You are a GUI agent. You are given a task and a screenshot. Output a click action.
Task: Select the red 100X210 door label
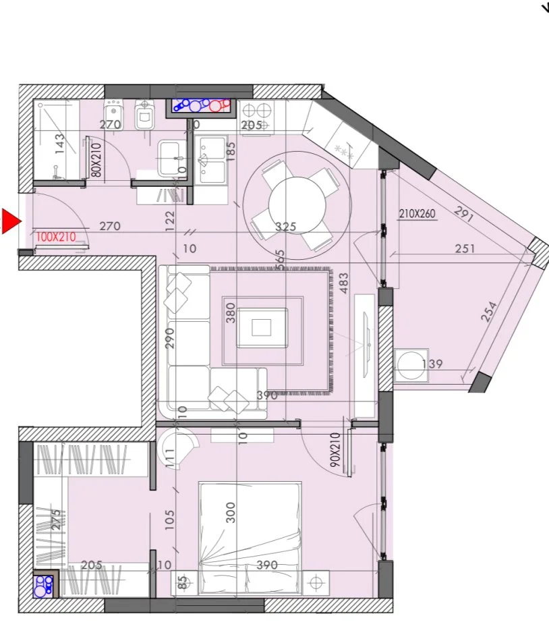point(56,237)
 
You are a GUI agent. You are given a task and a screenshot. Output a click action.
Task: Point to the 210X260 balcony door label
point(418,214)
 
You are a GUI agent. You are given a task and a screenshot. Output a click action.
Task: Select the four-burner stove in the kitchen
point(256,116)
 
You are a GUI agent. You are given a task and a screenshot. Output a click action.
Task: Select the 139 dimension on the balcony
point(432,365)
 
